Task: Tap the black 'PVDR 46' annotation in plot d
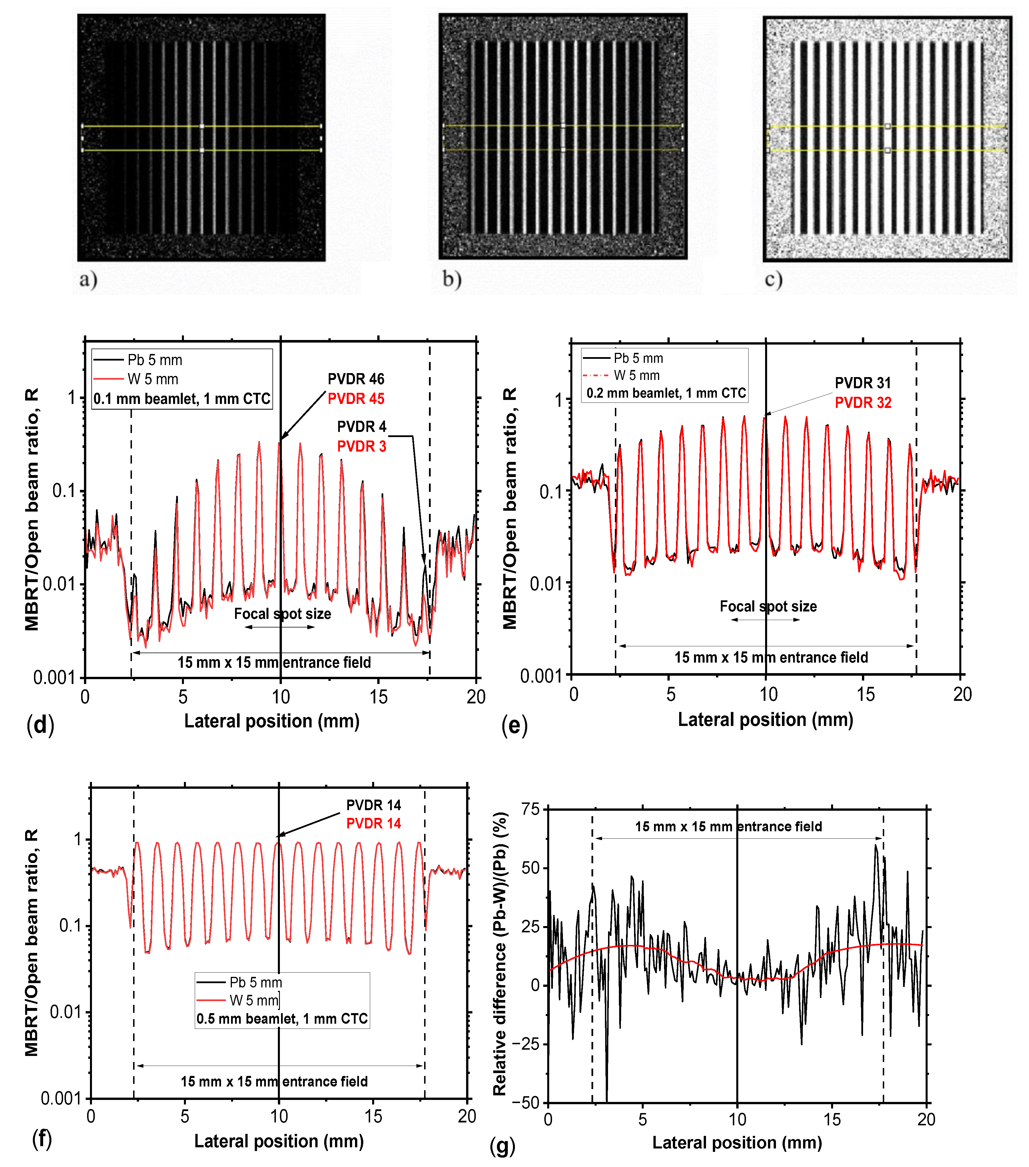click(356, 379)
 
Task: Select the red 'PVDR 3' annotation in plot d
click(362, 446)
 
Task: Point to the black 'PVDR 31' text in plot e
click(862, 383)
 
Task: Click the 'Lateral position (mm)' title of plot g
click(737, 1142)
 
